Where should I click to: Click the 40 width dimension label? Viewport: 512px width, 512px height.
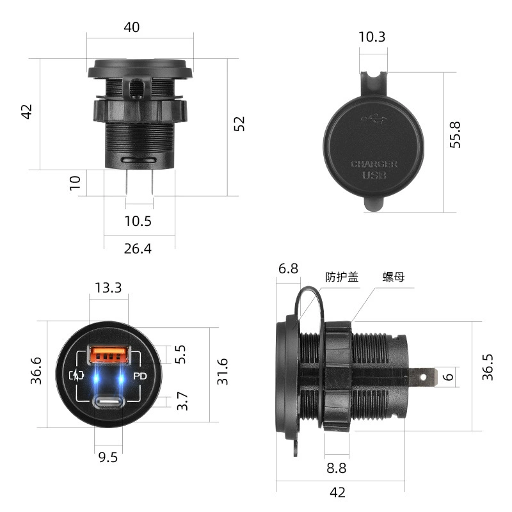pyautogui.click(x=132, y=27)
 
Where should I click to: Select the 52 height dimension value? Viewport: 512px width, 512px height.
pyautogui.click(x=239, y=124)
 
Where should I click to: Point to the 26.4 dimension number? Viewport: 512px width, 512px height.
pyautogui.click(x=138, y=249)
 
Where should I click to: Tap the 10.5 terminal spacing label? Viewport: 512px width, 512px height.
pyautogui.click(x=138, y=221)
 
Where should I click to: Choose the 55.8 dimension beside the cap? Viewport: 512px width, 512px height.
pyautogui.click(x=455, y=134)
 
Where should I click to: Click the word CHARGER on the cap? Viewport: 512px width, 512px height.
pyautogui.click(x=374, y=164)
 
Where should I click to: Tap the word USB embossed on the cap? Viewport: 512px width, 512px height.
pyautogui.click(x=374, y=175)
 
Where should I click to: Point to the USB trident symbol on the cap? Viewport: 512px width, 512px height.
pyautogui.click(x=374, y=119)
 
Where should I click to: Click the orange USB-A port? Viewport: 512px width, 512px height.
pyautogui.click(x=109, y=355)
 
